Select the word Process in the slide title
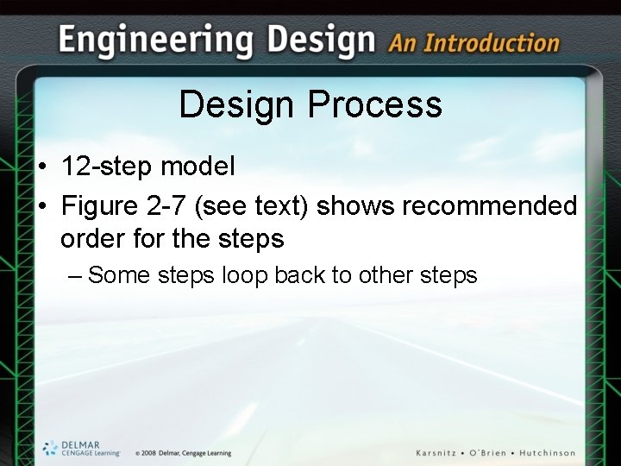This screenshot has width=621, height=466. pyautogui.click(x=375, y=105)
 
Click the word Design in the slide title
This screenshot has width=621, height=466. pyautogui.click(x=236, y=105)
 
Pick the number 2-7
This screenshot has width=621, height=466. pyautogui.click(x=169, y=206)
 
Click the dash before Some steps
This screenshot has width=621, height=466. pyautogui.click(x=75, y=275)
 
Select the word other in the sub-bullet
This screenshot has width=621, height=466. pyautogui.click(x=383, y=275)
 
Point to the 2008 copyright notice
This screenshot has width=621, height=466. pyautogui.click(x=183, y=453)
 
